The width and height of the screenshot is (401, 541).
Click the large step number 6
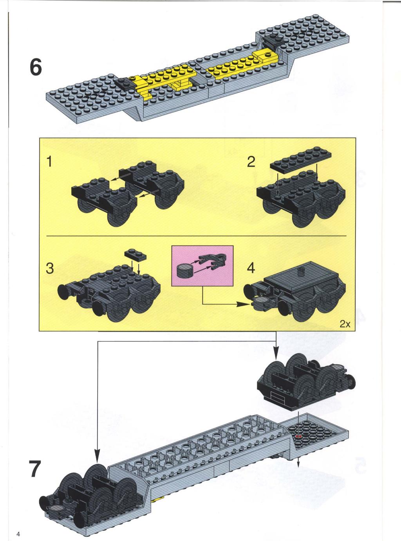pos(36,67)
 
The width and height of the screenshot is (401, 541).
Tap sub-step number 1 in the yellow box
pos(49,162)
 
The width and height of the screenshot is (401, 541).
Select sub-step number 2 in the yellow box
pos(251,162)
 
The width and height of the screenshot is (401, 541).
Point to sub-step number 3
pos(50,268)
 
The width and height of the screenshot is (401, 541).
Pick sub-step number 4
pos(251,268)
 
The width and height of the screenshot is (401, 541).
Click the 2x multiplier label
pos(345,324)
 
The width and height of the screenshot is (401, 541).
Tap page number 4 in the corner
pos(18,532)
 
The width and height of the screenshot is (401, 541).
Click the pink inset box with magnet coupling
pos(202,266)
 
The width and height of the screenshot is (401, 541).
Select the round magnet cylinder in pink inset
pos(185,271)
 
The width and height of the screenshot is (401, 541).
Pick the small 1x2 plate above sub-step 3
pos(135,255)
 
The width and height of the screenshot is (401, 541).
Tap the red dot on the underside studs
pos(298,436)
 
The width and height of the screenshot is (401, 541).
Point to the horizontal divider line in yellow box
pos(196,236)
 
